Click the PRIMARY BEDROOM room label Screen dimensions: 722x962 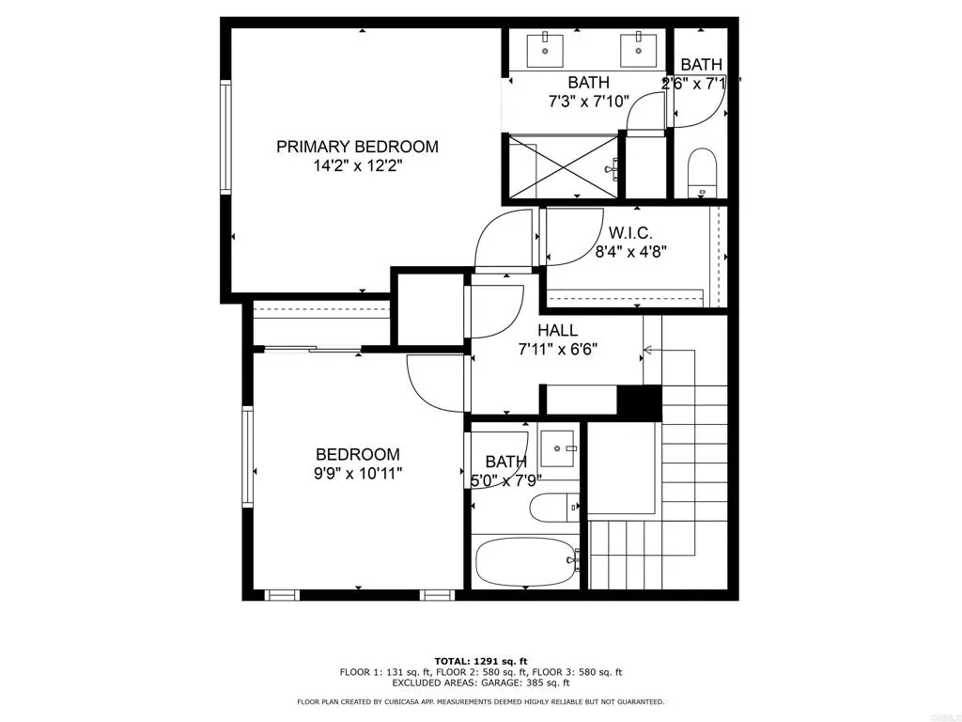(357, 147)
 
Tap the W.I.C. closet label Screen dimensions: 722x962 (630, 232)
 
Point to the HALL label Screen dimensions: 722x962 (557, 331)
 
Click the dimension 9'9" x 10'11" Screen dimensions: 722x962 (357, 474)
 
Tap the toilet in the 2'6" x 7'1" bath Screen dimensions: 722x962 (702, 172)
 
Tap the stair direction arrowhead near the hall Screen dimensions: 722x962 (646, 353)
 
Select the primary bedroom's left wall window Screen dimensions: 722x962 (225, 137)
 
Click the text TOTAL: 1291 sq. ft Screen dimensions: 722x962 (480, 660)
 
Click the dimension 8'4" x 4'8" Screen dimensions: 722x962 (630, 251)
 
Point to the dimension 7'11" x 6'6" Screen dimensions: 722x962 (558, 349)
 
